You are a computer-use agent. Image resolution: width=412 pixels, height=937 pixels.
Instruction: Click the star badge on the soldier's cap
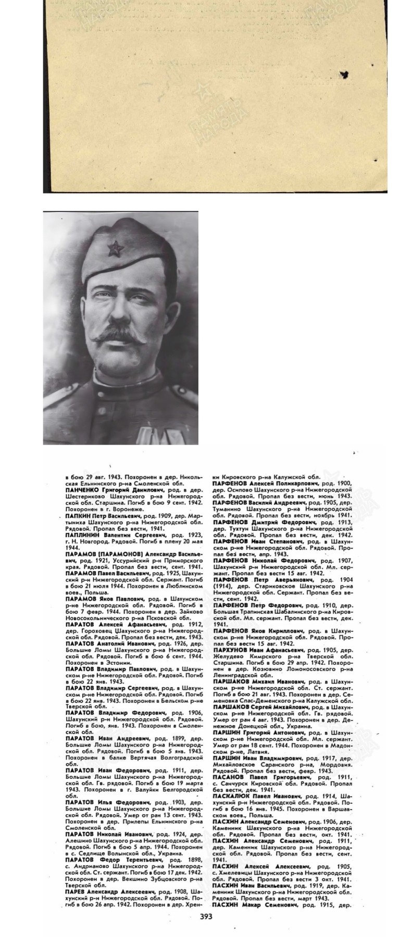coord(115,250)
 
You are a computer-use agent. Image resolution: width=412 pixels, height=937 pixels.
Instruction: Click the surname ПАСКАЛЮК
coord(233,796)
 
